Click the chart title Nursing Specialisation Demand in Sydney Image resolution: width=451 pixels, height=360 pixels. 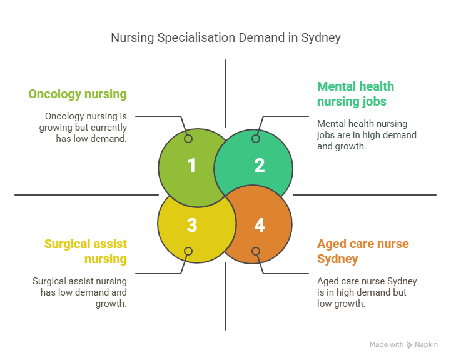[x=225, y=37]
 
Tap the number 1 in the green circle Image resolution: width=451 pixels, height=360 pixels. [x=191, y=166]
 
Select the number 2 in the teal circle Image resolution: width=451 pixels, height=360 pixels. [x=260, y=166]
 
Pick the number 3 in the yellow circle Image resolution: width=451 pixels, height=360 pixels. [x=191, y=225]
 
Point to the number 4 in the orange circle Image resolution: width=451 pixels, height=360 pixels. [x=260, y=225]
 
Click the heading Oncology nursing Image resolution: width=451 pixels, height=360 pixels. [x=78, y=94]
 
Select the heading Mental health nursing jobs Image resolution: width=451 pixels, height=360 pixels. [x=355, y=94]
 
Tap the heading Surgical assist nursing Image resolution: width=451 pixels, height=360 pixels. [x=86, y=251]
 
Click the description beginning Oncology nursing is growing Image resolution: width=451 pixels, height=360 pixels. [x=86, y=127]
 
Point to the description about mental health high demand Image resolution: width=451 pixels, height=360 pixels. [x=367, y=135]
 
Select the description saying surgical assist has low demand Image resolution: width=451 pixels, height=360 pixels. [x=79, y=292]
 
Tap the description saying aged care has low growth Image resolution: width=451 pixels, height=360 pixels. [x=367, y=292]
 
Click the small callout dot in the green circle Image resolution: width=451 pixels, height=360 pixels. [x=188, y=139]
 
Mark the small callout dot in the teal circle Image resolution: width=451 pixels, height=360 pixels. [x=255, y=139]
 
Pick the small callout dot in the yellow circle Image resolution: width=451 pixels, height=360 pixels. [x=188, y=251]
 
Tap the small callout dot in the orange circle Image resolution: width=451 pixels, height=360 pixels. [x=255, y=251]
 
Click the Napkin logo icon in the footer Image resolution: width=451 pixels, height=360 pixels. [x=410, y=344]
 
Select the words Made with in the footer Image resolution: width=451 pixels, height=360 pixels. [x=387, y=344]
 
